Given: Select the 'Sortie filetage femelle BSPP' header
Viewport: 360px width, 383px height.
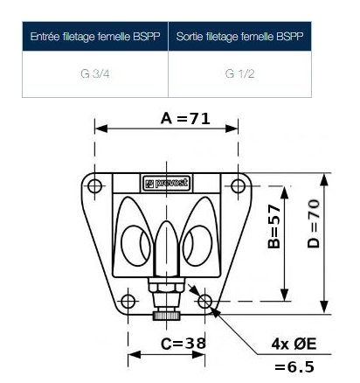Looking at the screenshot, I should coord(239,38).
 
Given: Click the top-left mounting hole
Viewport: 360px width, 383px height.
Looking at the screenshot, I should coord(95,185).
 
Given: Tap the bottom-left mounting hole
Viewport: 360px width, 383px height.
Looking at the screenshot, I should coord(128,302).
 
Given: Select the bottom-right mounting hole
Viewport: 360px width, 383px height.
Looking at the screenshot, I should coord(205,302).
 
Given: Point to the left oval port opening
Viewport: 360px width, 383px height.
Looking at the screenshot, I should coord(132,242).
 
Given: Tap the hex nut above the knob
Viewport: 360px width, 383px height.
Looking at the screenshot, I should coord(167,288).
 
